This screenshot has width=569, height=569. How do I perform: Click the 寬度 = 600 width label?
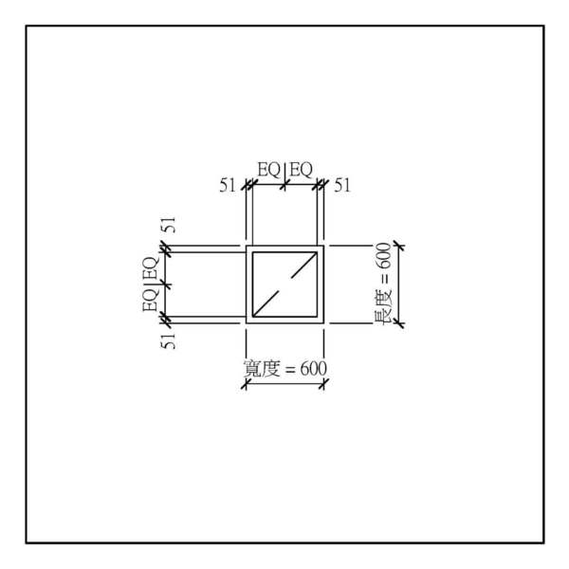click(x=284, y=369)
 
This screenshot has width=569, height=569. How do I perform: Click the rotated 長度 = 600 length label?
click(x=382, y=284)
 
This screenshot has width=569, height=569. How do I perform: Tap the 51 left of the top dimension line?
click(x=228, y=186)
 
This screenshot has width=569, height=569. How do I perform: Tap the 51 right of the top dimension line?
click(x=342, y=186)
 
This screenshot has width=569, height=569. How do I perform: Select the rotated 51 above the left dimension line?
click(x=169, y=225)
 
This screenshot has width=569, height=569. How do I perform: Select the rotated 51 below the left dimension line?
click(x=169, y=340)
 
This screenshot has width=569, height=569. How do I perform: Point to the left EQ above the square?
click(x=269, y=170)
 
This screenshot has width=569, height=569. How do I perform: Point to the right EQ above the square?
click(x=301, y=170)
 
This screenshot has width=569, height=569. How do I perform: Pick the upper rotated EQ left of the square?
click(x=151, y=267)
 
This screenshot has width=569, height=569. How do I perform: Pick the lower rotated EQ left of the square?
click(x=151, y=300)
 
